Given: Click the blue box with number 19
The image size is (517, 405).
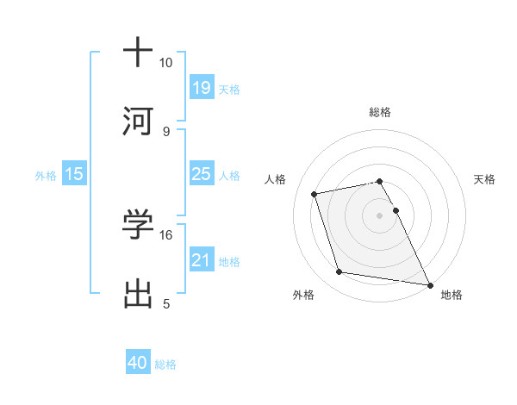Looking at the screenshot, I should [x=202, y=88].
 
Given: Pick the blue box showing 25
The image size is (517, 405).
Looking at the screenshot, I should [x=202, y=175].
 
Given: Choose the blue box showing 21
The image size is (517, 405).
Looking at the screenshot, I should [x=202, y=260].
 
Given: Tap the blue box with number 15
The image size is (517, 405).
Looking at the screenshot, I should [x=74, y=175].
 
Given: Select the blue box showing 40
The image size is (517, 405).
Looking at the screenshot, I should [x=138, y=363].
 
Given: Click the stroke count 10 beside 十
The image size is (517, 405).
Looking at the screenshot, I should [x=165, y=63].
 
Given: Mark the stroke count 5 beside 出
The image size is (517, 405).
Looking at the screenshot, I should [x=166, y=303].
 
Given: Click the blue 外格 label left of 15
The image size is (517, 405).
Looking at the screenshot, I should [x=46, y=176].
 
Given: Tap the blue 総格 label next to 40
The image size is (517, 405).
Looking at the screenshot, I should [x=165, y=364].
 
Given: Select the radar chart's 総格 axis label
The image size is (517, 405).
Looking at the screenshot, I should [x=380, y=112].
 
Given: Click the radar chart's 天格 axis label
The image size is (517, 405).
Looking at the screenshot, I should [x=485, y=179].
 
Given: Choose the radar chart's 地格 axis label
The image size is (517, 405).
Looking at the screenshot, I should [x=452, y=296].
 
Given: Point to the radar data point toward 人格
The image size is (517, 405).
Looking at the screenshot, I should [x=315, y=193].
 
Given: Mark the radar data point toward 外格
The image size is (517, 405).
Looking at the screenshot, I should [x=339, y=272].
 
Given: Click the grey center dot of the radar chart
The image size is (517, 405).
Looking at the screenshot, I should [x=380, y=215].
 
